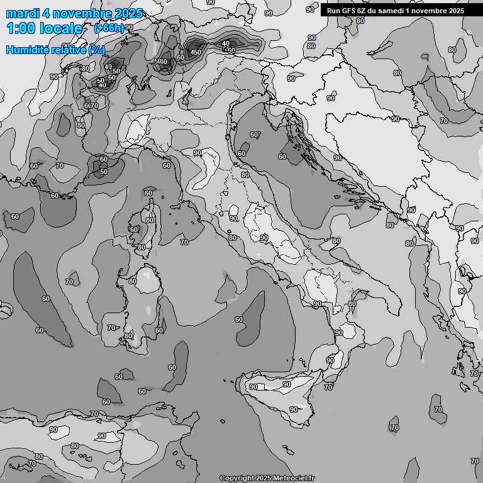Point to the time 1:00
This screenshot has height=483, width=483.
[x=21, y=28]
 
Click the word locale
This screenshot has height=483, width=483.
[x=61, y=28]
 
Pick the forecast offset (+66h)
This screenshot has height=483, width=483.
[x=108, y=28]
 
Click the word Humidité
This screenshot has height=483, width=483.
[x=27, y=50]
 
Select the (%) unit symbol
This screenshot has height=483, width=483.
[x=97, y=50]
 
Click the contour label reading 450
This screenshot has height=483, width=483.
[x=196, y=52]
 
